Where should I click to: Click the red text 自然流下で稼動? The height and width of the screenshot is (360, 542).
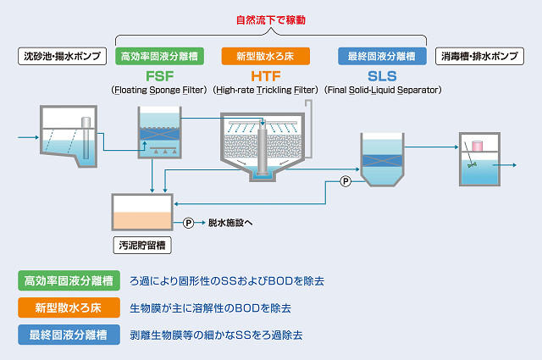click(x=271, y=19)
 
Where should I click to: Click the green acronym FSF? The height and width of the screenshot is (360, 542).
click(x=159, y=75)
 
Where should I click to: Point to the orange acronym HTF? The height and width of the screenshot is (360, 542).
click(x=266, y=75)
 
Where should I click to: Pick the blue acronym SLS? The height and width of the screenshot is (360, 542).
click(x=382, y=75)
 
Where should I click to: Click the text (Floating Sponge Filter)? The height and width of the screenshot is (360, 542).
click(x=159, y=90)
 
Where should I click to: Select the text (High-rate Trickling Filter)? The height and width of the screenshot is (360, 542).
click(x=266, y=90)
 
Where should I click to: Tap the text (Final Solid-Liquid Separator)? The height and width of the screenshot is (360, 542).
click(x=382, y=90)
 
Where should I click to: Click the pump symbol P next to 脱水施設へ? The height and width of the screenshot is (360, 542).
click(x=189, y=223)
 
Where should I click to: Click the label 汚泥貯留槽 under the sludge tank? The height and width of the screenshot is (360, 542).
click(x=142, y=246)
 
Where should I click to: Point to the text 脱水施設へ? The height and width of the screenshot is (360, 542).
click(x=230, y=223)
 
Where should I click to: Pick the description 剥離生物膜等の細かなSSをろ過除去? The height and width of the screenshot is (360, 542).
click(x=216, y=335)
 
